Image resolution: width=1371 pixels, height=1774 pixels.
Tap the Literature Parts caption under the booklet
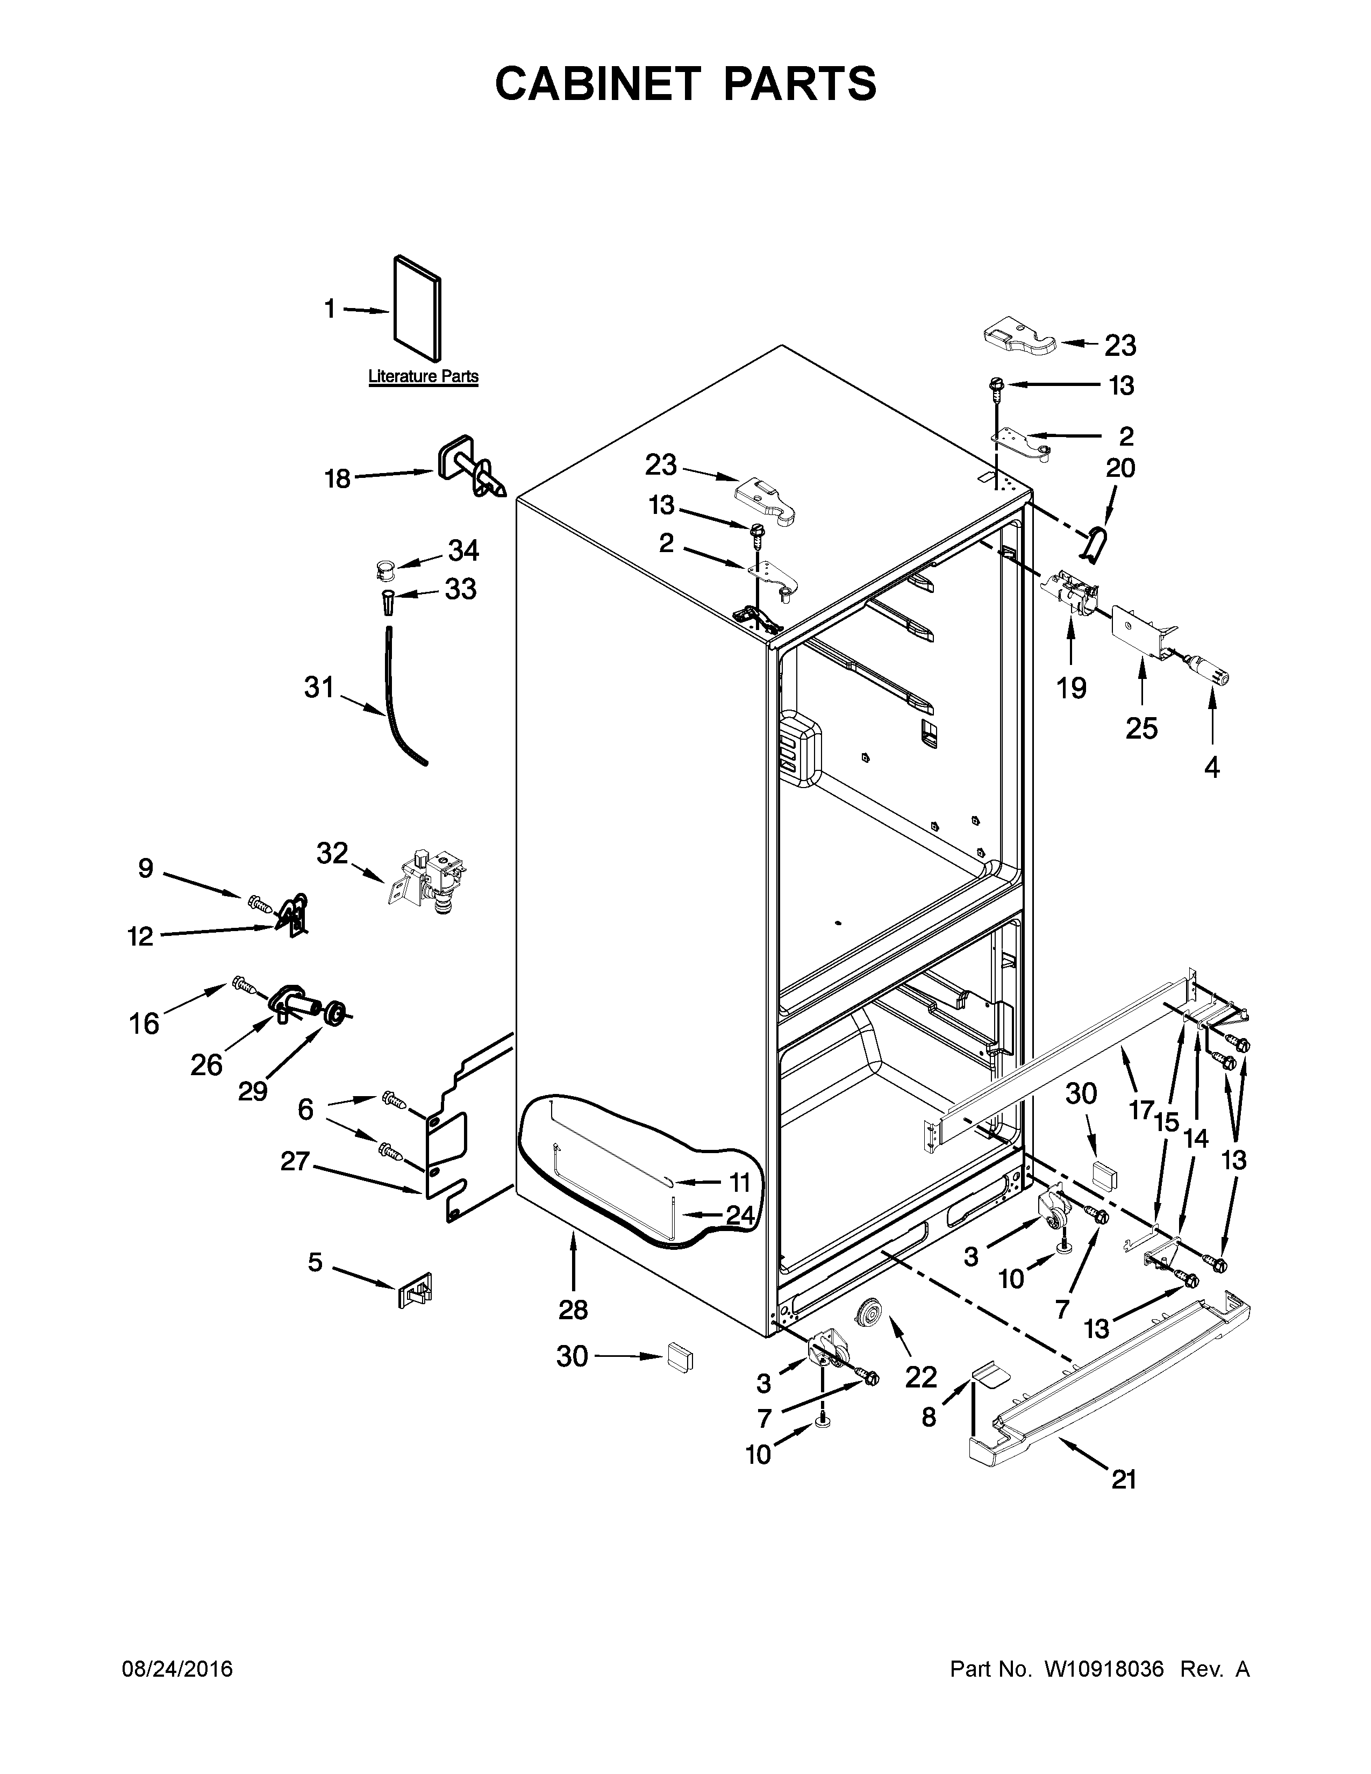[x=423, y=376]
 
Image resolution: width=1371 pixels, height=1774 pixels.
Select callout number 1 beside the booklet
[x=330, y=310]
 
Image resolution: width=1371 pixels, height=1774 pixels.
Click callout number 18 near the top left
[x=337, y=478]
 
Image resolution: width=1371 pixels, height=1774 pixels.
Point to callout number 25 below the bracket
[x=1140, y=728]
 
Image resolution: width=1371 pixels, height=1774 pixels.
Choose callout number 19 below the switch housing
[x=1072, y=688]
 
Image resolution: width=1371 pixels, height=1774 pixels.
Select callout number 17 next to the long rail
[x=1140, y=1108]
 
